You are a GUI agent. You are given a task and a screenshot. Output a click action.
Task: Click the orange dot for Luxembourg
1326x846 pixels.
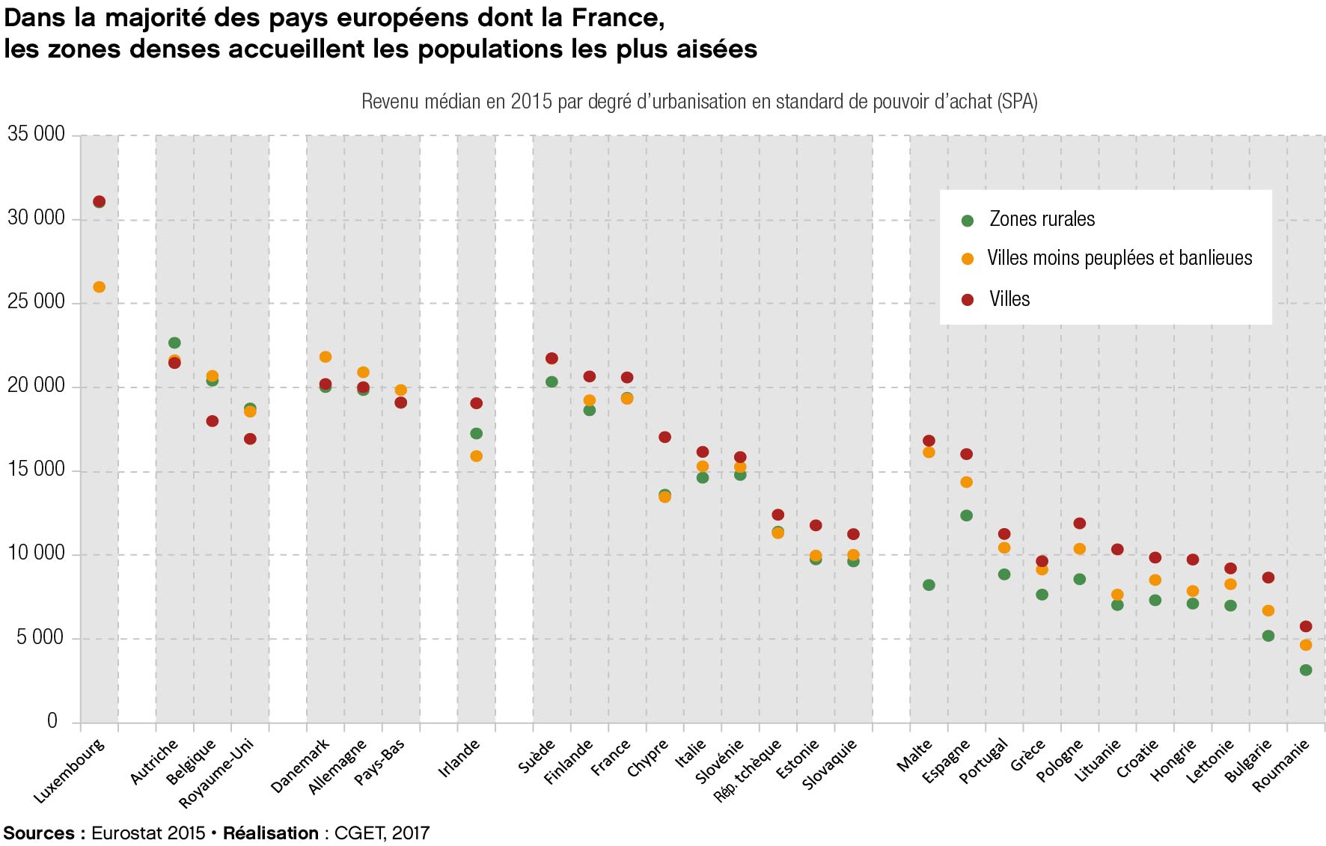(99, 287)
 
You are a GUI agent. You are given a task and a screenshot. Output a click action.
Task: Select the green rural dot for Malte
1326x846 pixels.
(929, 585)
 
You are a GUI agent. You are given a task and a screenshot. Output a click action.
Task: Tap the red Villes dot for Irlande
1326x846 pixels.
(476, 403)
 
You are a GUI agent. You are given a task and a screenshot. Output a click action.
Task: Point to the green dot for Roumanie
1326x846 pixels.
(1306, 670)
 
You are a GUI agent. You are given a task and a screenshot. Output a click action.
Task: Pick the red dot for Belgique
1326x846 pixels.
(213, 421)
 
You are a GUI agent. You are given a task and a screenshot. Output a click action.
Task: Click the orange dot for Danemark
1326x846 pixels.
(326, 357)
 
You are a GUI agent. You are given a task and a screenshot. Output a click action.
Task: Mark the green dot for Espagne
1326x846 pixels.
(967, 515)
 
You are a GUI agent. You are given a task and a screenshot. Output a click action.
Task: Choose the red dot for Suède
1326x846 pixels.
(552, 358)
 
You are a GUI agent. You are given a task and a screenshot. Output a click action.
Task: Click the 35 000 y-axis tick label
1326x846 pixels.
(36, 134)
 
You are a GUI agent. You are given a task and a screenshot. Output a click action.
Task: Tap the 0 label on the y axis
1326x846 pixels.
(52, 720)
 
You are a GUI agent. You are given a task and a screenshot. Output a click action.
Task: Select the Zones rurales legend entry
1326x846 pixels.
(1042, 219)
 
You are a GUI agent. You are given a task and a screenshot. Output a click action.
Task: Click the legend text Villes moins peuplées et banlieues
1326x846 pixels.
(1119, 258)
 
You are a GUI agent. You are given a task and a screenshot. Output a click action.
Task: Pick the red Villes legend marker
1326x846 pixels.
(968, 299)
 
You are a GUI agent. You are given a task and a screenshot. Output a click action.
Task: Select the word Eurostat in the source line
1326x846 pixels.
(126, 833)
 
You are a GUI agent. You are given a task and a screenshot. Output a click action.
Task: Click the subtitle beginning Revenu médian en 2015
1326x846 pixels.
(699, 102)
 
